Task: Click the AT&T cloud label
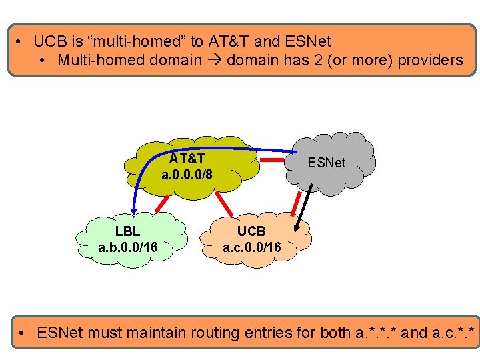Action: pyautogui.click(x=187, y=159)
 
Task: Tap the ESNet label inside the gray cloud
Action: pyautogui.click(x=326, y=162)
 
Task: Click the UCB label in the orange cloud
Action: pyautogui.click(x=251, y=231)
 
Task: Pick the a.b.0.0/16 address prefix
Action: pyautogui.click(x=127, y=248)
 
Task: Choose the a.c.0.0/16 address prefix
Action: pyautogui.click(x=251, y=248)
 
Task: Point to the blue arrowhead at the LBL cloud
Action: pyautogui.click(x=133, y=209)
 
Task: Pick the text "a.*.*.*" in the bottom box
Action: pyautogui.click(x=378, y=332)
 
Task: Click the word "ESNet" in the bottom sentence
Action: pyautogui.click(x=61, y=332)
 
